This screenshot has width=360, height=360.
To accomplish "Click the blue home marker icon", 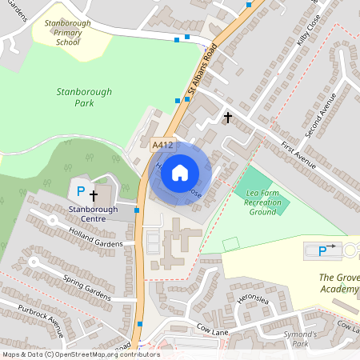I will [x=180, y=172].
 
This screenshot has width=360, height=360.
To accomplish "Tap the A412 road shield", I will [x=162, y=145].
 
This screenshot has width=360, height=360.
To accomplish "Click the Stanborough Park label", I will [x=75, y=98].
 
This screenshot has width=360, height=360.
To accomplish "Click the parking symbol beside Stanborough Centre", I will [x=79, y=191].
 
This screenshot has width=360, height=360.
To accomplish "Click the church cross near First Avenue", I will [x=228, y=118].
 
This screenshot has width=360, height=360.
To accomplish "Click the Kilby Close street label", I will [x=309, y=28].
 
